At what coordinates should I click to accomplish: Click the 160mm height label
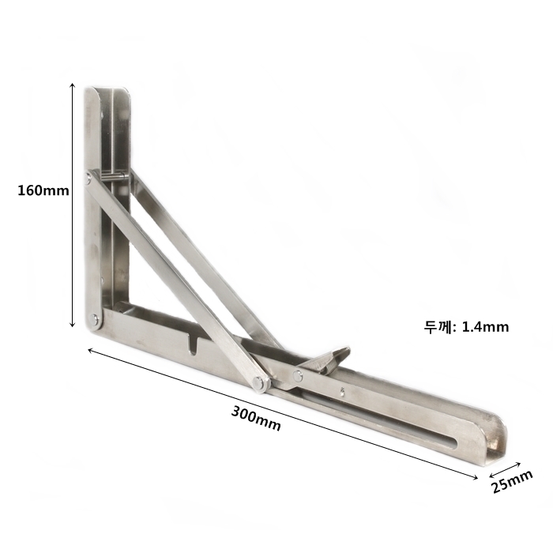pyautogui.click(x=43, y=191)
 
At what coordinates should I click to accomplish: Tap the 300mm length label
pyautogui.click(x=256, y=419)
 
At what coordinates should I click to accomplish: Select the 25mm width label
pyautogui.click(x=512, y=482)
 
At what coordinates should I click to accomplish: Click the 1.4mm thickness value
pyautogui.click(x=485, y=327)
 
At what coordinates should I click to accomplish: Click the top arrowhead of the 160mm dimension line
pyautogui.click(x=73, y=85)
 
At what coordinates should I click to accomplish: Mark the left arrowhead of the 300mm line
pyautogui.click(x=90, y=350)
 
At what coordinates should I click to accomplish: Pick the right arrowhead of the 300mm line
pyautogui.click(x=475, y=477)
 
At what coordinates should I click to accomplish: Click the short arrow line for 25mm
pyautogui.click(x=505, y=469)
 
